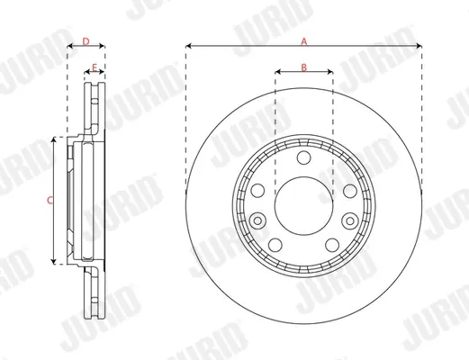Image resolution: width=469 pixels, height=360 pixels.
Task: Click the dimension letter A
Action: point(304,41)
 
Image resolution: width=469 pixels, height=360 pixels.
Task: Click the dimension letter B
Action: point(304,67)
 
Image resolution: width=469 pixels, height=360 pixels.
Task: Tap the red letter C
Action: point(50,200)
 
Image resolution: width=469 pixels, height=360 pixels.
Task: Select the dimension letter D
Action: point(86,41)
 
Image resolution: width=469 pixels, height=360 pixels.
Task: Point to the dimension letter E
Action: point(95,67)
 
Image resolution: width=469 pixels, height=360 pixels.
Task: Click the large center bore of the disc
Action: point(303,206)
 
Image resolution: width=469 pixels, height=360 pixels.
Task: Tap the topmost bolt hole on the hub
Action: point(303,157)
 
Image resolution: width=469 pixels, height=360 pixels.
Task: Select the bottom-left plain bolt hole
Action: point(275,245)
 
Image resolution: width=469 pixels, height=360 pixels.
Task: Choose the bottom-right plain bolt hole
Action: point(332,245)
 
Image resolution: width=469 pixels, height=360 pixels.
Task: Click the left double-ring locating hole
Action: point(257,221)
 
